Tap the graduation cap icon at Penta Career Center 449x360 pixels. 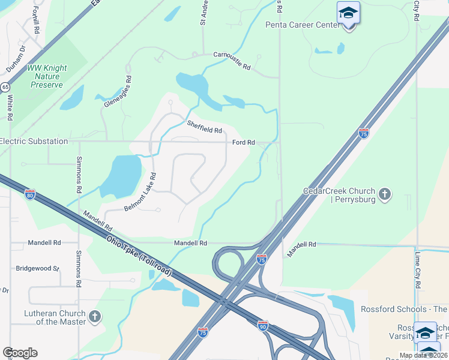(348, 13)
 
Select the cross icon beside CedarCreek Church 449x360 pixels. (385, 194)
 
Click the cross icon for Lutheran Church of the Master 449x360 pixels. (94, 316)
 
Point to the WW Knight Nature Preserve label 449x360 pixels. (47, 76)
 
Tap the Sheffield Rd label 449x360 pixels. (204, 127)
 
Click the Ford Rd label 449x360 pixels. (244, 143)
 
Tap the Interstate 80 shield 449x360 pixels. (30, 194)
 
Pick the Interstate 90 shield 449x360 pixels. (262, 326)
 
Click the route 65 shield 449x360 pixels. (5, 87)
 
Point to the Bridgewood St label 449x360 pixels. (37, 268)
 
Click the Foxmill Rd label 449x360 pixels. (36, 21)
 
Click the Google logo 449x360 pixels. (20, 352)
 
